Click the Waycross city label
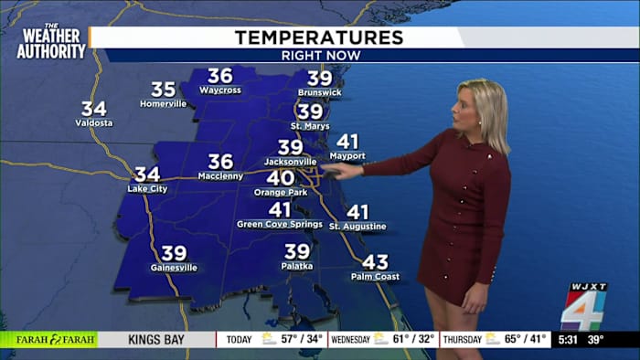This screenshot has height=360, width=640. click(x=219, y=90)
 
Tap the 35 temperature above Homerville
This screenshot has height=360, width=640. click(x=163, y=90)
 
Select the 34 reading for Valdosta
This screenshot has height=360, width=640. click(x=94, y=109)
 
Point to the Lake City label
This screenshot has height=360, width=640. click(x=147, y=188)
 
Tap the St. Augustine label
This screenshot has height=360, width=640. click(x=357, y=226)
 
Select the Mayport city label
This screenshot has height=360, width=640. click(x=347, y=156)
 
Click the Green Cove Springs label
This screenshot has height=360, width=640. click(x=280, y=224)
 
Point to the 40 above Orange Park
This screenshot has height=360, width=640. click(x=280, y=178)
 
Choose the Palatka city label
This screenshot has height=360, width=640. click(x=297, y=266)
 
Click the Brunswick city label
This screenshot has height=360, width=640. click(x=319, y=93)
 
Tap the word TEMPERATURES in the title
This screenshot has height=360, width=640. click(x=318, y=37)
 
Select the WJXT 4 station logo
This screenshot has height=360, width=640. click(x=583, y=306)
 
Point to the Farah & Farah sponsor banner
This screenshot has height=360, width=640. click(x=48, y=339)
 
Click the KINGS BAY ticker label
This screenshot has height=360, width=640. click(x=155, y=339)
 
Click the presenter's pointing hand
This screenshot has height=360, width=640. click(x=343, y=168)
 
